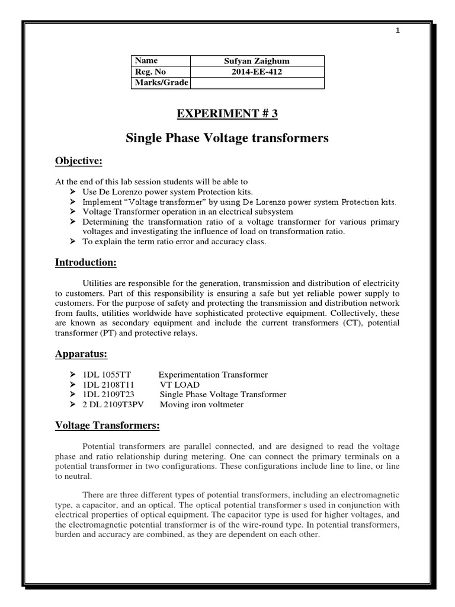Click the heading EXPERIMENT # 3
(227, 114)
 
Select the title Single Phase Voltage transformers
(227, 139)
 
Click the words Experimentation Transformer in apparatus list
(213, 375)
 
